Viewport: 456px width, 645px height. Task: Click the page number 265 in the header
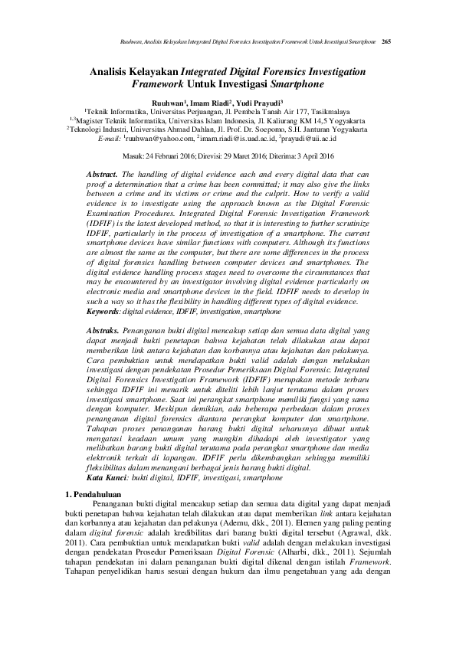tap(386, 41)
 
